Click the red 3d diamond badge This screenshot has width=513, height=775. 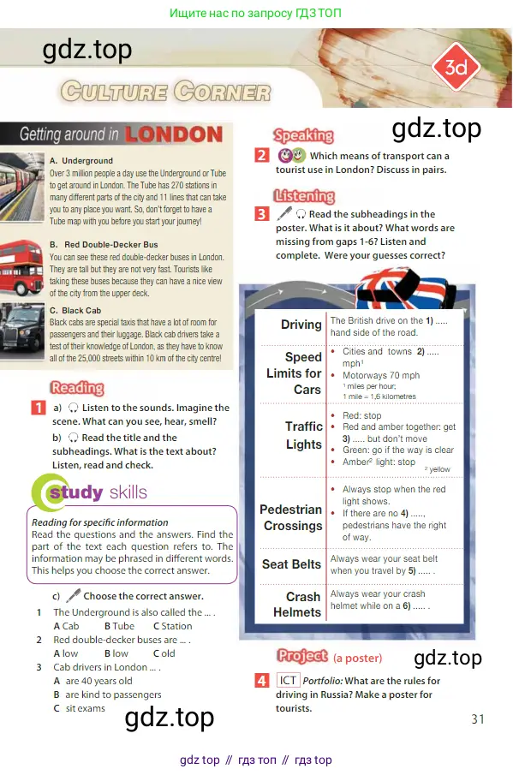coord(456,67)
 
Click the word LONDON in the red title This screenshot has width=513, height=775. coord(174,134)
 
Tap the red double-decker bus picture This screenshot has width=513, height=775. coord(21,267)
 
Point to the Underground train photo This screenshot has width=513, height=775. coord(22,187)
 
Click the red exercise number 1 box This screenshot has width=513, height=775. coord(38,408)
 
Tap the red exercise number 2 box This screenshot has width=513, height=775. coord(261,155)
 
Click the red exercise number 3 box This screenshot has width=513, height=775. coord(261,214)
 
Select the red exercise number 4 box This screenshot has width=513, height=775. coord(261,681)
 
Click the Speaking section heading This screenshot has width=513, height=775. coord(303,135)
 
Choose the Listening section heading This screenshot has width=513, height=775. coord(304,196)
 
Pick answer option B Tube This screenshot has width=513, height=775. coord(119,626)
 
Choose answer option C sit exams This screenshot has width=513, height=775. coord(80,708)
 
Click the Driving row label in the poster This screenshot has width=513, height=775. coord(301,325)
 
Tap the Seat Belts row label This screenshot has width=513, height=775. coord(291,564)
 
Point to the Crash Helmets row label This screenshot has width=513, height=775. coord(297,605)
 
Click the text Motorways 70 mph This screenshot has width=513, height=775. coord(381,375)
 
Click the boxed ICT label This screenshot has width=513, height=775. coord(288,681)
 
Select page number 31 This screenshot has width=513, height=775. coord(478,719)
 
